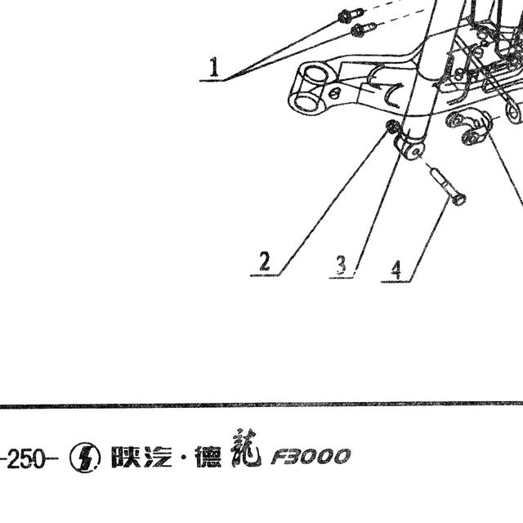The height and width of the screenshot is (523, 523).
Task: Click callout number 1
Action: [x=214, y=67]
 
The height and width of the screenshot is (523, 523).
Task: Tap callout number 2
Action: [x=265, y=261]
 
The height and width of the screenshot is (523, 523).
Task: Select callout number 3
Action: [x=342, y=265]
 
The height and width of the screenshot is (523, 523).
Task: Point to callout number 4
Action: [x=396, y=270]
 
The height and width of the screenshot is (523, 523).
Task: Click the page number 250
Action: [x=25, y=458]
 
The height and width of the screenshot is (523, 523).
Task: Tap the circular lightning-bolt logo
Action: [x=85, y=458]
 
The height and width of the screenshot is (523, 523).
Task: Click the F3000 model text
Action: [x=311, y=457]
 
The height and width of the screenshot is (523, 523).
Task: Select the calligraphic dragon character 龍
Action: [x=245, y=448]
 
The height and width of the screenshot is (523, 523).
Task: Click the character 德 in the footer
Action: [x=209, y=457]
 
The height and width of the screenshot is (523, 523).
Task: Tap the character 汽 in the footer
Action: [x=158, y=457]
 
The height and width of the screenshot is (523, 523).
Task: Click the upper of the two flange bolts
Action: [x=351, y=15]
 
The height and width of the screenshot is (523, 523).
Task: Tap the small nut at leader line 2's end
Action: [x=391, y=126]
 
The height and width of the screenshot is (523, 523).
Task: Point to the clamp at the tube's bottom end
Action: [x=409, y=146]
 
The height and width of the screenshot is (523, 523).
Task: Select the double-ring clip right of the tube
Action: [x=469, y=127]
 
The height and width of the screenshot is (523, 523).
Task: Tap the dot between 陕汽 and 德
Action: [x=183, y=458]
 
